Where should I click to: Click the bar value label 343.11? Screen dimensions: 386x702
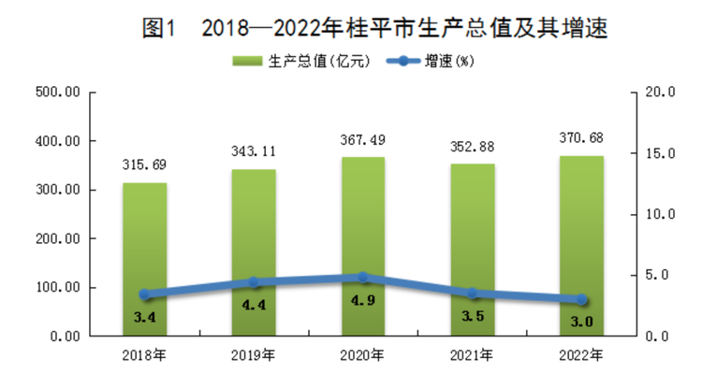click(x=254, y=150)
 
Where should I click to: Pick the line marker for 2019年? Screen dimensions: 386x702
click(x=254, y=282)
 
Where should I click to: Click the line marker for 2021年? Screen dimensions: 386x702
click(x=472, y=293)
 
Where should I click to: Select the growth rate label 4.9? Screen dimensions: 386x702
click(x=363, y=300)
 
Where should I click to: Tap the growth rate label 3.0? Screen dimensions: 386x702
click(x=581, y=322)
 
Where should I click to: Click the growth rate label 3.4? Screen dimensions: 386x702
click(x=144, y=318)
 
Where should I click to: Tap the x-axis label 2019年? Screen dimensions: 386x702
click(x=254, y=355)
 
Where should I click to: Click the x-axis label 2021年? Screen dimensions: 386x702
click(x=472, y=355)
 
